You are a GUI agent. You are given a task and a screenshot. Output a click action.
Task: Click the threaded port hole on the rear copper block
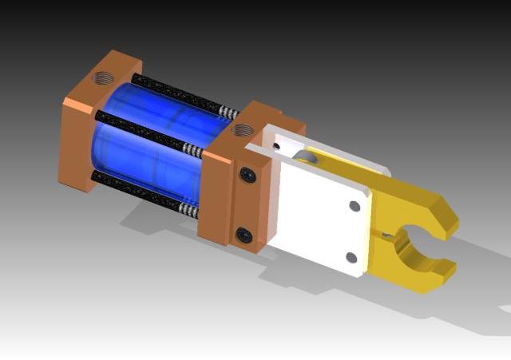pos(103,80)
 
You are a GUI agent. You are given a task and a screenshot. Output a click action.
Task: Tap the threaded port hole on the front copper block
pos(240,129)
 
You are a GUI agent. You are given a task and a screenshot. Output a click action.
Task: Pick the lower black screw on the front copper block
pos(244,234)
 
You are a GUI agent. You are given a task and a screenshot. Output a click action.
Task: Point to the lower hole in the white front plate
pos(351,257)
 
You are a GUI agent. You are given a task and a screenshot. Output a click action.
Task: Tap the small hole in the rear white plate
pos(276,146)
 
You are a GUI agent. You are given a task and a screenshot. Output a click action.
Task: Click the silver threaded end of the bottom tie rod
pos(191,210)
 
